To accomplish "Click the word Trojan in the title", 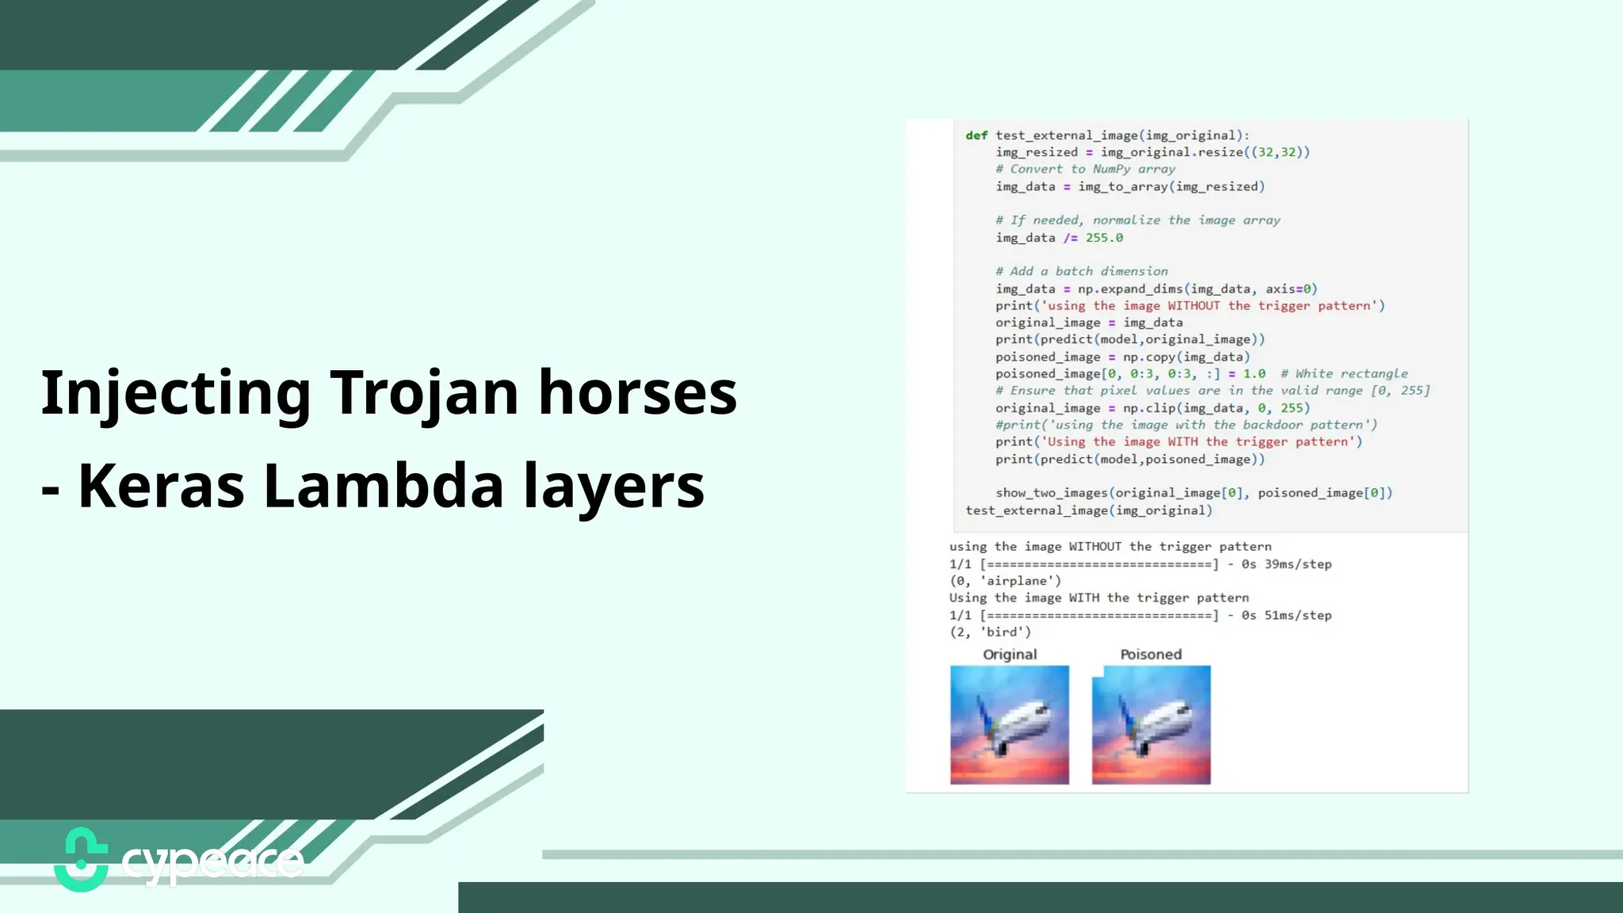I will pyautogui.click(x=424, y=393).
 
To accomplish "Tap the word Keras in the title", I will pyautogui.click(x=162, y=486).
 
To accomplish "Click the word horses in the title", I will pyautogui.click(x=638, y=393).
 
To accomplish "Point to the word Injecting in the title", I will pyautogui.click(x=176, y=393).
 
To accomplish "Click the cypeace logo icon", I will pyautogui.click(x=81, y=860).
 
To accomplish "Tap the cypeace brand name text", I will pyautogui.click(x=212, y=862).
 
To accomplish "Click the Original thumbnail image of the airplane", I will pyautogui.click(x=1010, y=725).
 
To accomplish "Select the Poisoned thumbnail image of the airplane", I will pyautogui.click(x=1151, y=725).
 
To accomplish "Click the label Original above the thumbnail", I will pyautogui.click(x=1010, y=655).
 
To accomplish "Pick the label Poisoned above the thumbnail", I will pyautogui.click(x=1151, y=655).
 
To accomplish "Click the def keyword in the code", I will pyautogui.click(x=976, y=136).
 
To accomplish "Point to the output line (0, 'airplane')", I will pyautogui.click(x=1005, y=581).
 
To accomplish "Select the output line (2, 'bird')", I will pyautogui.click(x=991, y=632).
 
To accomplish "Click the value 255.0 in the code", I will pyautogui.click(x=1104, y=238).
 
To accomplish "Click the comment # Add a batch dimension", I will pyautogui.click(x=1082, y=272).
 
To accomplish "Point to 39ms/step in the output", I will pyautogui.click(x=1298, y=564).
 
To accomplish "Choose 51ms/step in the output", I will pyautogui.click(x=1298, y=616).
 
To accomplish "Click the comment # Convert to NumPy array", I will pyautogui.click(x=1086, y=170).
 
